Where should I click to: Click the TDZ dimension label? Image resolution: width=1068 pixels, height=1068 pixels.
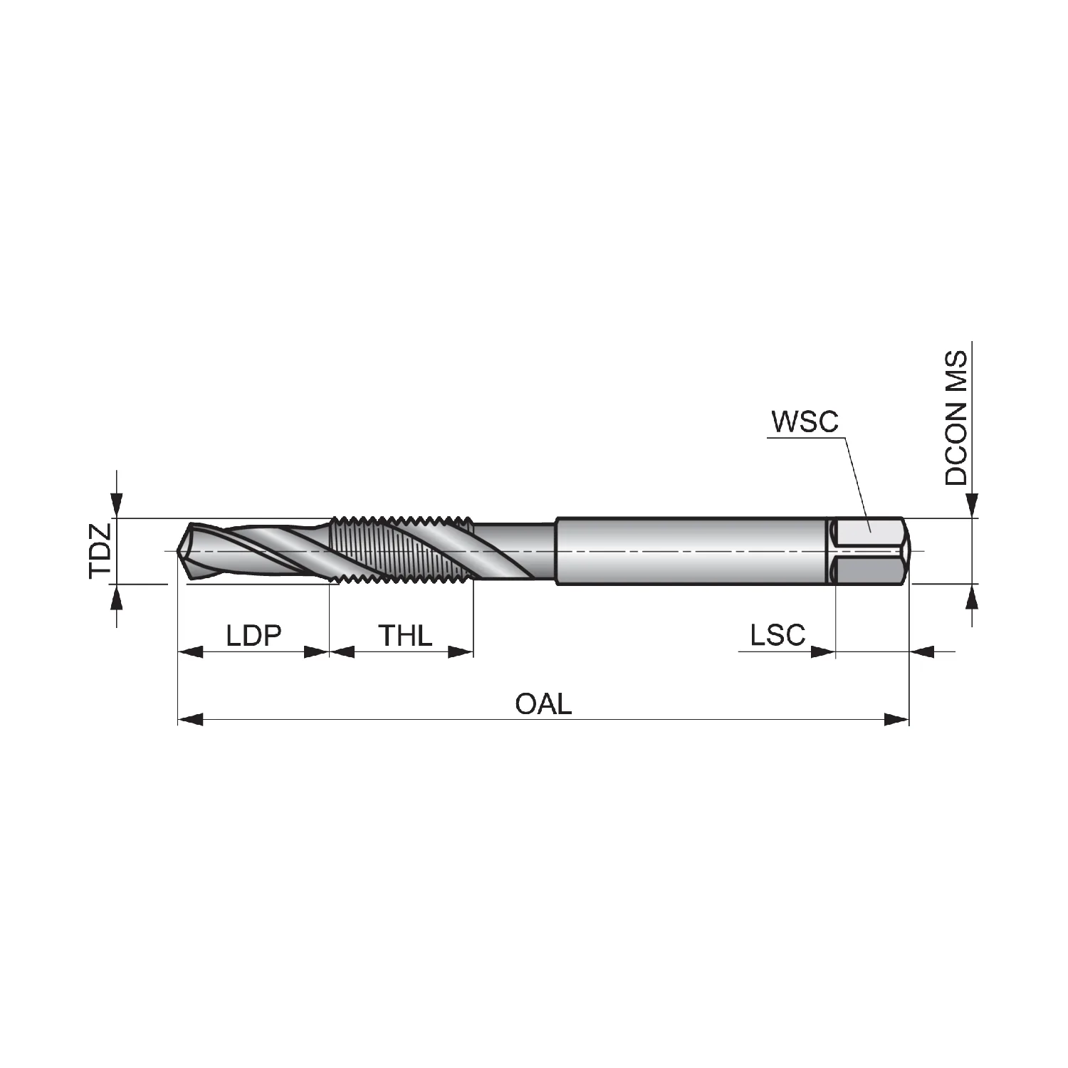tap(100, 551)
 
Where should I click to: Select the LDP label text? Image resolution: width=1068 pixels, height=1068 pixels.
tap(254, 635)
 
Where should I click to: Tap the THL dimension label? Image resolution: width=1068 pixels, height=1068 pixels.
tap(405, 635)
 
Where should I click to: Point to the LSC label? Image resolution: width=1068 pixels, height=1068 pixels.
tap(778, 634)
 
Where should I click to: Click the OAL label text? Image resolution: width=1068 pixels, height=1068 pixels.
tap(543, 704)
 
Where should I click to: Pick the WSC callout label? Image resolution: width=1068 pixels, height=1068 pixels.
tap(805, 422)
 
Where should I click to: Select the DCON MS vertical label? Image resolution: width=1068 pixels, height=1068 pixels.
tap(957, 418)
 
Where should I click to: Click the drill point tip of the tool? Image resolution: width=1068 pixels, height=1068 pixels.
tap(178, 551)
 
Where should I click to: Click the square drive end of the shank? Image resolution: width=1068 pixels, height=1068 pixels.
tap(870, 551)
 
